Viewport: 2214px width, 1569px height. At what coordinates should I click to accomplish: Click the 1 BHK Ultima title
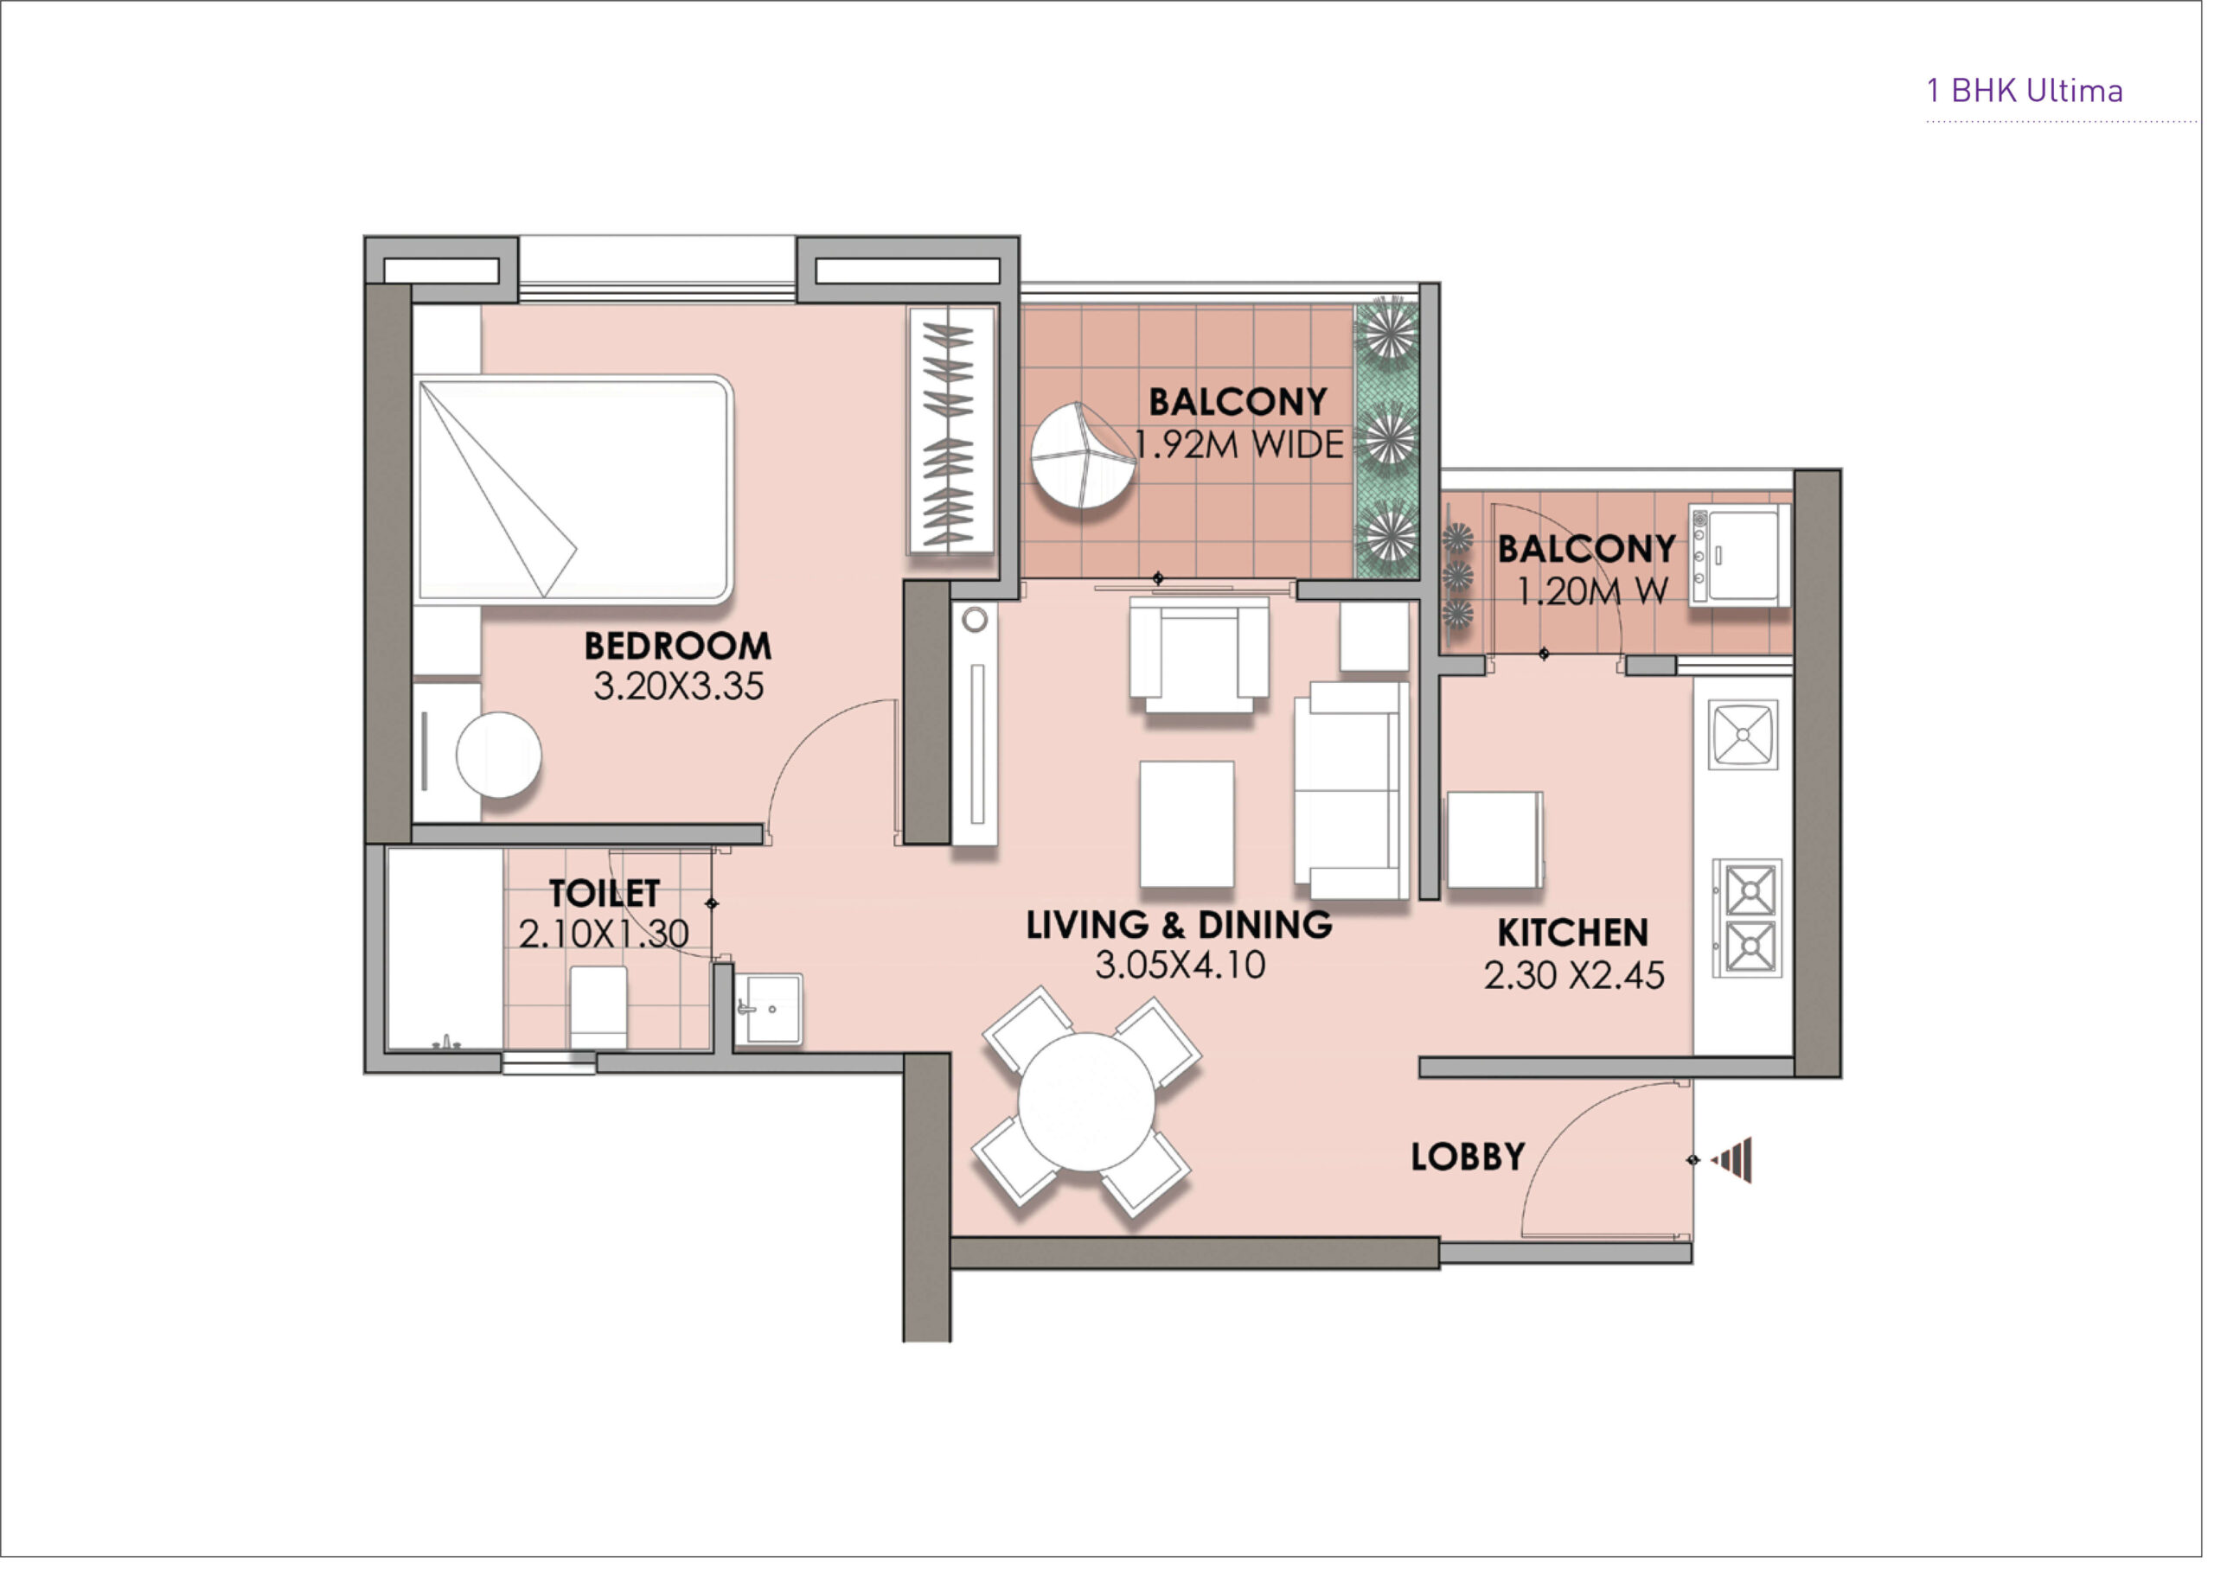point(2024,91)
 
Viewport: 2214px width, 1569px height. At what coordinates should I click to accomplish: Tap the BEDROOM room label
point(678,646)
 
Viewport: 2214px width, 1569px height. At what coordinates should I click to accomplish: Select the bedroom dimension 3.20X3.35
point(678,686)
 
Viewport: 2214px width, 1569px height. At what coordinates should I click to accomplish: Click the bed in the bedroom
point(574,489)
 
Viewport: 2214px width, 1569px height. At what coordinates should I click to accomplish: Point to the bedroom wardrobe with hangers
point(951,431)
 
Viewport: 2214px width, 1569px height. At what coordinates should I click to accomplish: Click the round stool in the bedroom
point(499,755)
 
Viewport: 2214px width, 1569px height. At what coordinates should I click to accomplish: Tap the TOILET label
point(605,894)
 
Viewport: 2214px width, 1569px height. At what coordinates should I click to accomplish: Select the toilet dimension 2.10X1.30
point(604,934)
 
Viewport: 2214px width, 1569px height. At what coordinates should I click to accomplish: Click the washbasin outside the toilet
point(768,1009)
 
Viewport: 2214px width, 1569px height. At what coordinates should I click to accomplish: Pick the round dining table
point(1086,1102)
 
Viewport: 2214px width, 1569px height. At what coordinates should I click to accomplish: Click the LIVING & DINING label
point(1179,925)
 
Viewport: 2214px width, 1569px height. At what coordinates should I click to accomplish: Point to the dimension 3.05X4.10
point(1180,965)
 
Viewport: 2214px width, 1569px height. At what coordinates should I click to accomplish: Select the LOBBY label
point(1468,1157)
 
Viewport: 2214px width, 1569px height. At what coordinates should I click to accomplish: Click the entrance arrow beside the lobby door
point(1731,1159)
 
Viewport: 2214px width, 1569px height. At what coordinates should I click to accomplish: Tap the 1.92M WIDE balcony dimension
point(1239,444)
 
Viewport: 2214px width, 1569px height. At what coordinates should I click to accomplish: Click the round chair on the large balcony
point(1083,458)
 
